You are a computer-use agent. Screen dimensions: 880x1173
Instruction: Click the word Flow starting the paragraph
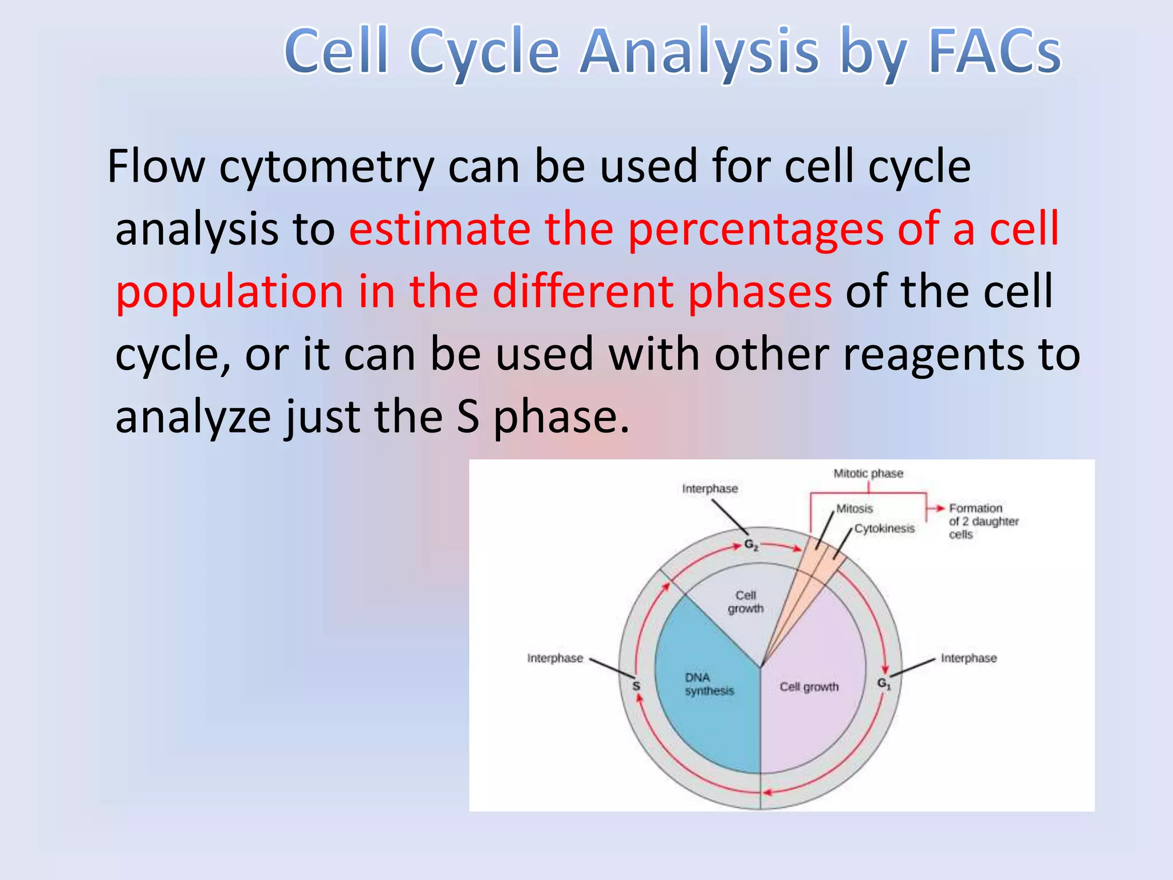(x=156, y=166)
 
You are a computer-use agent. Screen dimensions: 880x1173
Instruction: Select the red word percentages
(x=755, y=229)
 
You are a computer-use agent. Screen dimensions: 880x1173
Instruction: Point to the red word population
(x=229, y=292)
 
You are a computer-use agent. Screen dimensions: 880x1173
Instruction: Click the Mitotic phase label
(x=868, y=473)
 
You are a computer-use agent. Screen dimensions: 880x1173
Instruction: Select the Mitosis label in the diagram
(x=854, y=508)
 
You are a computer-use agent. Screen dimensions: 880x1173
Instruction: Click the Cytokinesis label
(x=884, y=528)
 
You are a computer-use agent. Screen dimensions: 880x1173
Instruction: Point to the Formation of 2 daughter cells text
(x=983, y=521)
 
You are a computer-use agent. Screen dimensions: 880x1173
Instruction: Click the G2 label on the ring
(x=751, y=544)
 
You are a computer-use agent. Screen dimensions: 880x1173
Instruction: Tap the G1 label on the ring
(x=884, y=683)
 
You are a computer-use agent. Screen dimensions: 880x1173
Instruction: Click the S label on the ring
(x=636, y=686)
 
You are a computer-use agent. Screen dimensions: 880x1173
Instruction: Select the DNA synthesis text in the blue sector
(x=708, y=684)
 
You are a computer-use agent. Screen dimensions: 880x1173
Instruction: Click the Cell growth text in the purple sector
(x=809, y=686)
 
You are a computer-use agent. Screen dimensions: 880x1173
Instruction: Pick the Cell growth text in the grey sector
(x=746, y=602)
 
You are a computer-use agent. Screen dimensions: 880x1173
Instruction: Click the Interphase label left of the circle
(x=554, y=658)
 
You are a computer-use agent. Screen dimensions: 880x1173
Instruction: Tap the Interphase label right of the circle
(x=969, y=658)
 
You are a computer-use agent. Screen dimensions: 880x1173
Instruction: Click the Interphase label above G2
(x=710, y=489)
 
